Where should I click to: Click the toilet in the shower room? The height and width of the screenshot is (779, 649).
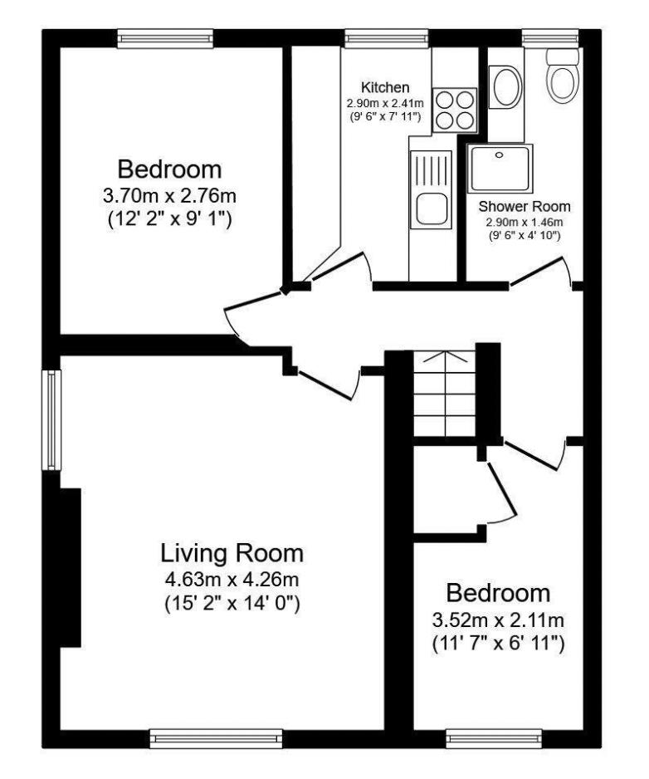click(x=563, y=76)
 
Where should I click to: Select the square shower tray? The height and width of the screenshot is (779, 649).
click(x=500, y=169)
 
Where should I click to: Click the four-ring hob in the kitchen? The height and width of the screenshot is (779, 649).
click(x=454, y=110)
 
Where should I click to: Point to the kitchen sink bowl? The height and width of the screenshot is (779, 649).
click(x=431, y=209)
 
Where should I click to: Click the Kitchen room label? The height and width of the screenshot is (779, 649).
click(x=385, y=87)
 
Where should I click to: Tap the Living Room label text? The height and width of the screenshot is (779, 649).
click(x=232, y=553)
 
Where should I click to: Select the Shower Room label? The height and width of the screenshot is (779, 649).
click(x=525, y=206)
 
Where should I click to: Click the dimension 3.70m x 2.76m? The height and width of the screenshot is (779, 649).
click(x=169, y=196)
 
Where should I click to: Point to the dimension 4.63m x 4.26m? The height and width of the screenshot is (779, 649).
click(x=232, y=580)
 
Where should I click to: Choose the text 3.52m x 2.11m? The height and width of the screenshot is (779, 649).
click(x=498, y=620)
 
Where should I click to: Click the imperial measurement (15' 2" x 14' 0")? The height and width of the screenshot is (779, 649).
click(x=232, y=604)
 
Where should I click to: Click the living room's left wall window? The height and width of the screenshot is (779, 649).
click(x=51, y=419)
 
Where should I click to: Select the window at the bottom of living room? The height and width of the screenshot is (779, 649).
click(x=216, y=739)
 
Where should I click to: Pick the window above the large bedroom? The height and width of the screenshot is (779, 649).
click(x=165, y=39)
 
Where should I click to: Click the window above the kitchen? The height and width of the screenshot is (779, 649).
click(x=386, y=39)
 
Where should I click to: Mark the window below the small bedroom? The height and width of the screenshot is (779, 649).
click(x=494, y=739)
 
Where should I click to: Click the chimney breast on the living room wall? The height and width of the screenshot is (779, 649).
click(x=71, y=568)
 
